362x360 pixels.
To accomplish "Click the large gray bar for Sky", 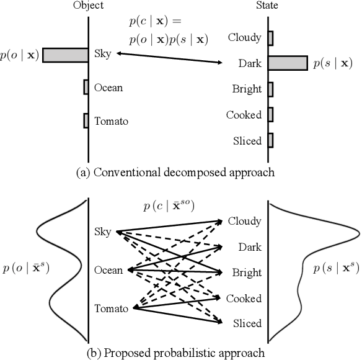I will pos(66,55).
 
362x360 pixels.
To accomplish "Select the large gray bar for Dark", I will pos(288,63).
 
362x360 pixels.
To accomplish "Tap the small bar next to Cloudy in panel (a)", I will pos(270,37).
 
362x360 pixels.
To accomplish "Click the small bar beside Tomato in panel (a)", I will pos(86,120).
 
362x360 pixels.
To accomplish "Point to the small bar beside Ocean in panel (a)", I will pos(86,88).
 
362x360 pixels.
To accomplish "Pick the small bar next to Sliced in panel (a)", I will pos(270,140).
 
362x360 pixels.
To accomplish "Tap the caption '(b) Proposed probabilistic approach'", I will pos(180,353).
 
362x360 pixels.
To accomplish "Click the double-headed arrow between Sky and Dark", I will pos(169,58).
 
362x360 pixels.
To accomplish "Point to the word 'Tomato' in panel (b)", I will pos(111,308).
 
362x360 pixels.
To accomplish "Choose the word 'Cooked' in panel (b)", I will pos(244,299).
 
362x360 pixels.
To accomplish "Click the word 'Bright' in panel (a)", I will pos(247,89).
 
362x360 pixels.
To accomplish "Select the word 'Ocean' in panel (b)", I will pos(108,270).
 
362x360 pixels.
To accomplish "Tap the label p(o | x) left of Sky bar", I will pos(20,55).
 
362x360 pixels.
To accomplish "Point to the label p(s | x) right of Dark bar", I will pos(332,63).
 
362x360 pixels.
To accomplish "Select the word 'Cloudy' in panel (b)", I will pos(244,221).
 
